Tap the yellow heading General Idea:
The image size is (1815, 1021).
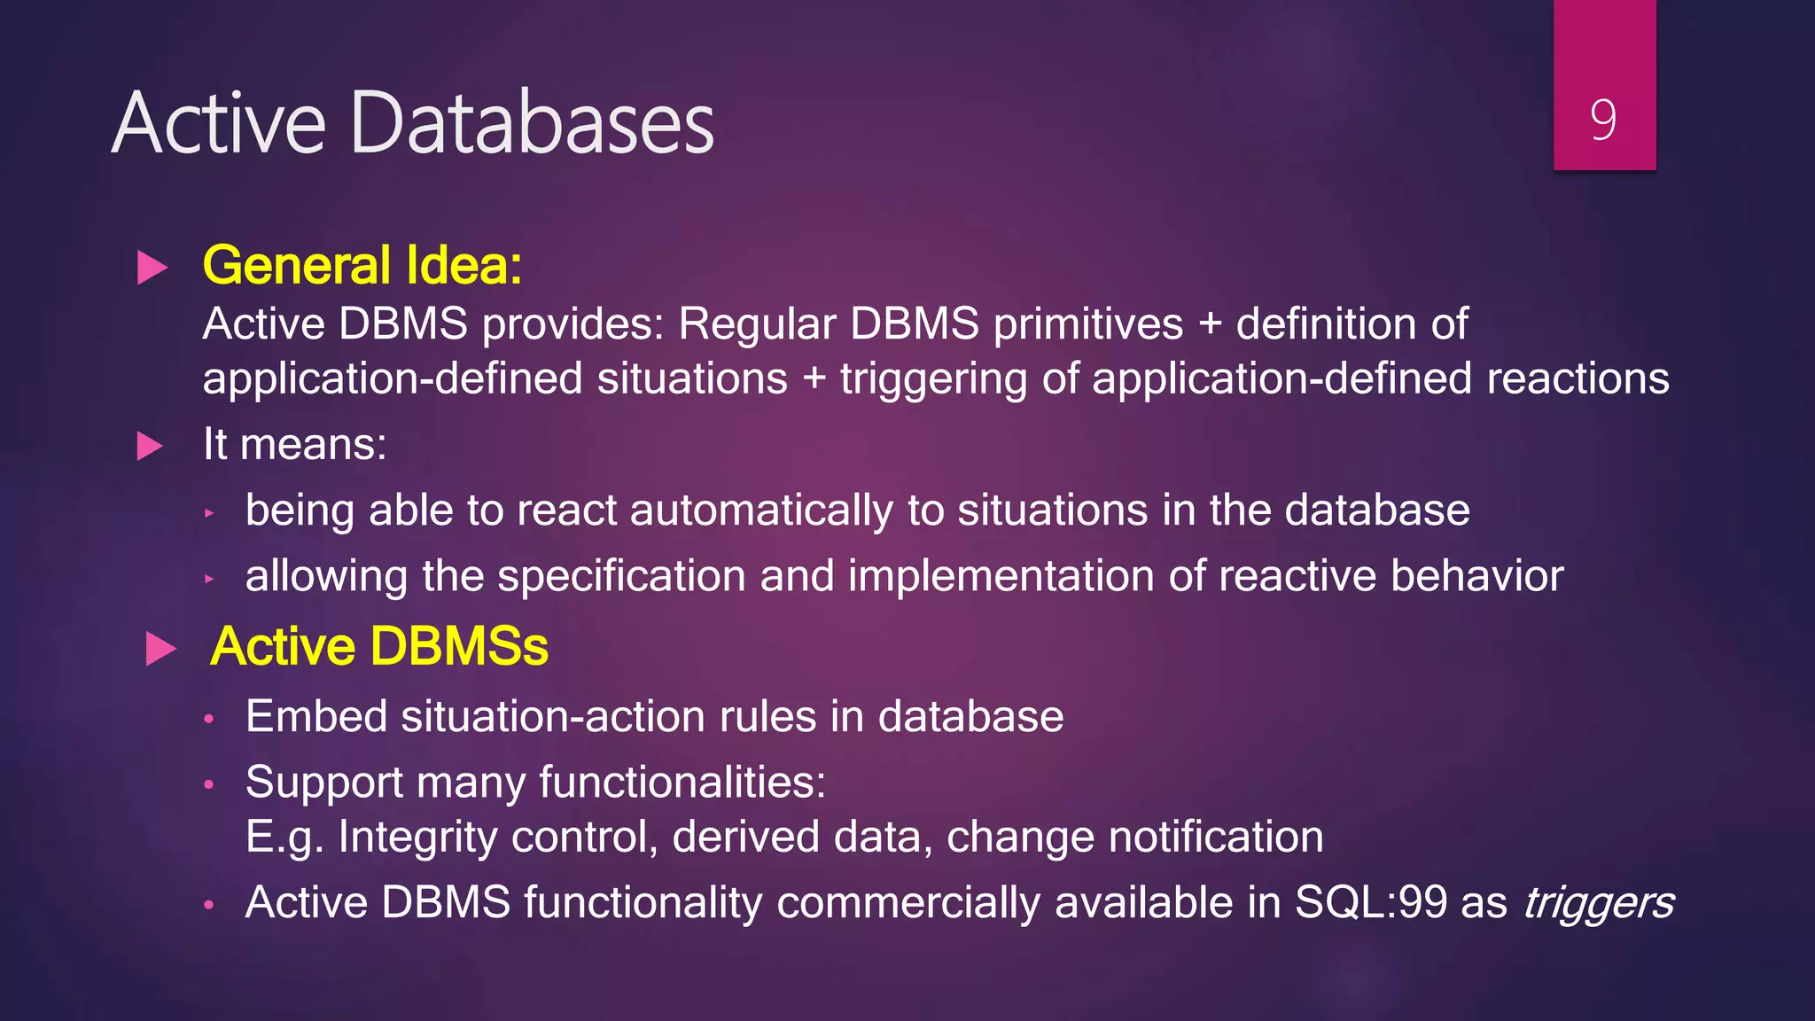[x=362, y=265]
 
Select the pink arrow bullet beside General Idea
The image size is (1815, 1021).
[x=152, y=268]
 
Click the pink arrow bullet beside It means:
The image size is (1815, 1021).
[x=151, y=446]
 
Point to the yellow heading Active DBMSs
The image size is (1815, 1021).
[x=379, y=646]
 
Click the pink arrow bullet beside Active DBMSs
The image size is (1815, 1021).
[x=160, y=649]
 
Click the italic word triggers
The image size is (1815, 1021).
[x=1598, y=903]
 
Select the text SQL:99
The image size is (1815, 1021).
[x=1370, y=902]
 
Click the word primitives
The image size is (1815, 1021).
[x=1087, y=323]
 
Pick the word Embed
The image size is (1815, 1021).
[x=316, y=716]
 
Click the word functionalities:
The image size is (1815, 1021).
[x=682, y=783]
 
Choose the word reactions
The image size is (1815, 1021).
[x=1577, y=378]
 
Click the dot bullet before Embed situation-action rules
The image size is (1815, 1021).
[x=209, y=719]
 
